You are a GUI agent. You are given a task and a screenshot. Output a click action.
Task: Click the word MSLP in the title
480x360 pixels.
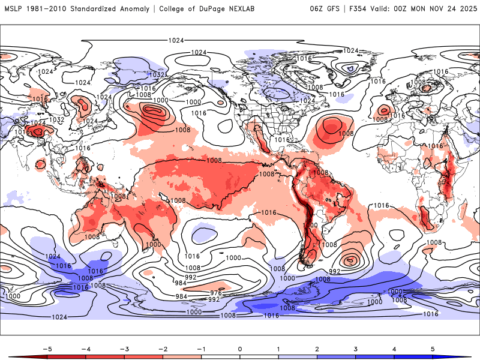coord(14,9)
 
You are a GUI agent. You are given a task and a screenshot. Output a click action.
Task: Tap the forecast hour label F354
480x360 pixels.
coord(359,9)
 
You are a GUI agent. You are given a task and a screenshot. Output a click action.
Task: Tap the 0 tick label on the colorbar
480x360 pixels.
coord(240,348)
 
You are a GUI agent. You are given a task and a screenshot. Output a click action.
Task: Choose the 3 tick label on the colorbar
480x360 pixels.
coord(356,348)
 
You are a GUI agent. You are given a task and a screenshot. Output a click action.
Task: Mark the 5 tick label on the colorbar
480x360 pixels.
coord(433,348)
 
